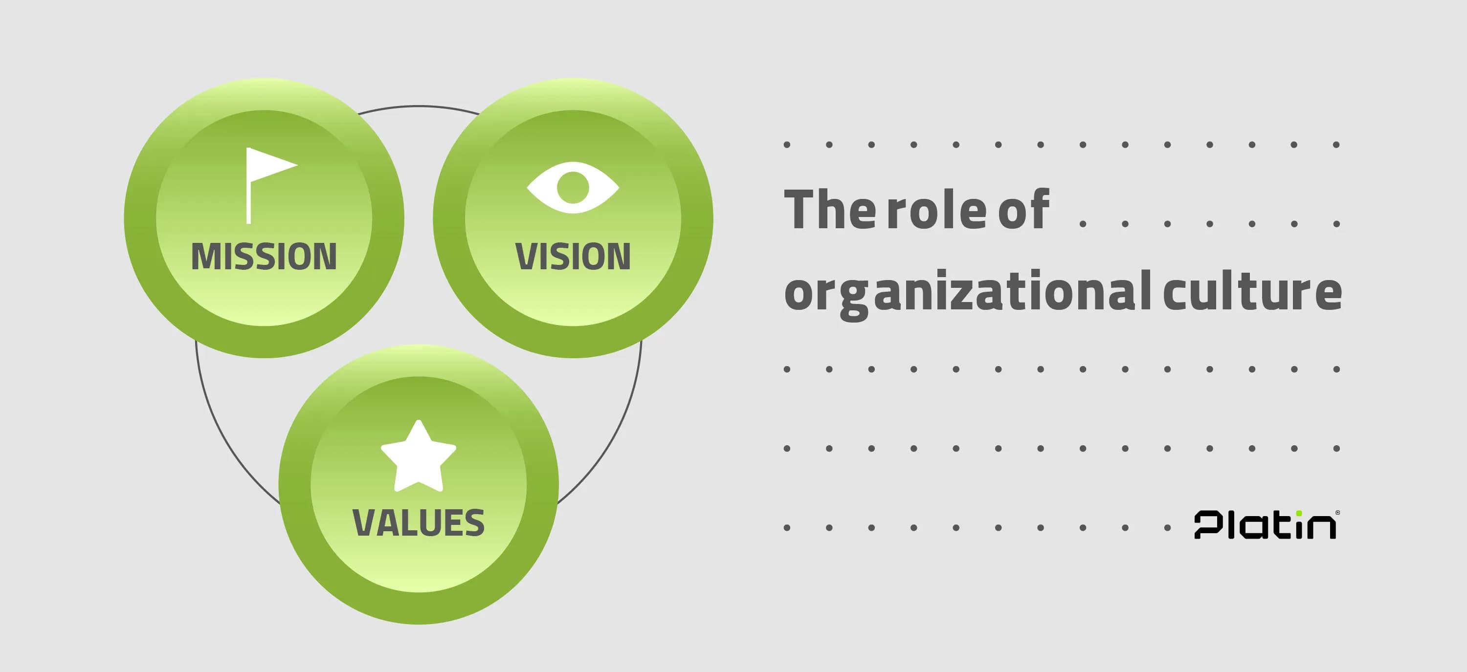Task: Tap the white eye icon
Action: pyautogui.click(x=573, y=187)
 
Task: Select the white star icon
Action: pyautogui.click(x=419, y=457)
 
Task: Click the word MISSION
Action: pyautogui.click(x=264, y=256)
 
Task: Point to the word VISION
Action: pyautogui.click(x=573, y=256)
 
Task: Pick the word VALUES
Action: pyautogui.click(x=419, y=523)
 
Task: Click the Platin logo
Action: pyautogui.click(x=1266, y=524)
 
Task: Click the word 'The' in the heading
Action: pyautogui.click(x=828, y=210)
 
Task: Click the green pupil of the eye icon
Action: pyautogui.click(x=573, y=187)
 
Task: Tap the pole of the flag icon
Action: pyautogui.click(x=248, y=194)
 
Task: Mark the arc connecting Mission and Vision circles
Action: pyautogui.click(x=419, y=106)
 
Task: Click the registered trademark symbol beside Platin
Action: pyautogui.click(x=1338, y=513)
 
